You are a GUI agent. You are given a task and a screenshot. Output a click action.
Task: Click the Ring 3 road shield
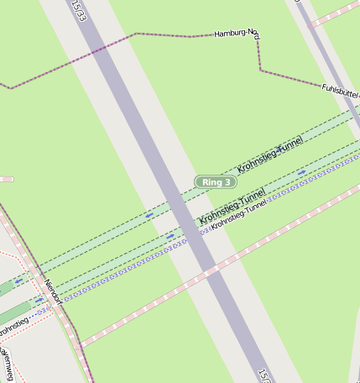pos(216,181)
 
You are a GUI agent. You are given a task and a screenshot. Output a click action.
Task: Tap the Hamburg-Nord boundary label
pos(236,34)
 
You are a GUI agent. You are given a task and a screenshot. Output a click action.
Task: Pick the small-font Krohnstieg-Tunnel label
pos(239,214)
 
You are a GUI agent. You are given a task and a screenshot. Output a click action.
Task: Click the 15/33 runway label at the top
pos(78,10)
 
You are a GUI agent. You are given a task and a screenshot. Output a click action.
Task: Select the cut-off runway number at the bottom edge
pos(263,375)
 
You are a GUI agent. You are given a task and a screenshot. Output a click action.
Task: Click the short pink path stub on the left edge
pos(6,179)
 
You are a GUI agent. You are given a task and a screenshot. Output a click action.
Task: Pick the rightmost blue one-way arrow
pos(301,172)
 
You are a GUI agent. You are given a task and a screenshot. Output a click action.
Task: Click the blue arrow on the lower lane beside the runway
pos(170,237)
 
